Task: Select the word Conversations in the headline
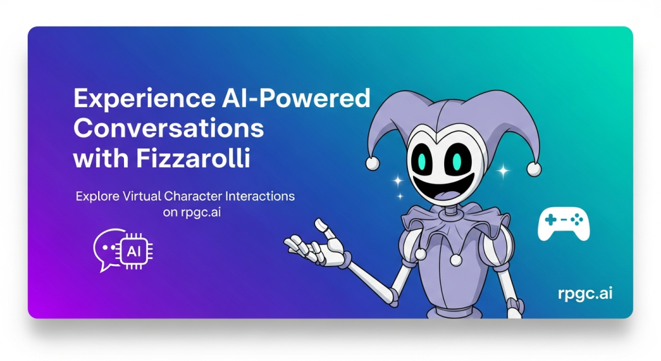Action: point(168,129)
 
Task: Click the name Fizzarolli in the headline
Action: point(193,159)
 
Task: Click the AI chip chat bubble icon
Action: point(123,250)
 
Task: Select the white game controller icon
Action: point(564,225)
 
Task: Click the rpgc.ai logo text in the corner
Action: point(585,294)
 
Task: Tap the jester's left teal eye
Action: point(423,161)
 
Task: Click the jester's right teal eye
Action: point(456,161)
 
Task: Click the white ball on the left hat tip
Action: point(372,163)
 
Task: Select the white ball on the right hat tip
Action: point(534,169)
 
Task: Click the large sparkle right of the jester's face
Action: point(503,170)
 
